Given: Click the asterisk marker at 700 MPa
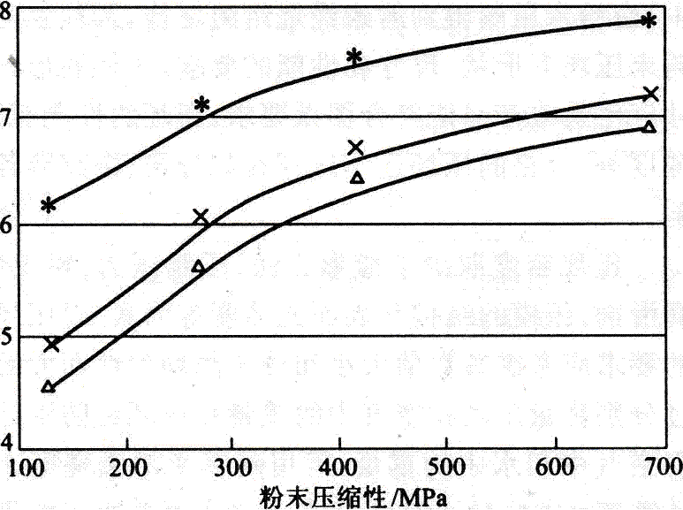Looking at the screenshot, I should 649,20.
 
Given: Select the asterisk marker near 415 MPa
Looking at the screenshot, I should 354,57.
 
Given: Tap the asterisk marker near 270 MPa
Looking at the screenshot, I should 202,105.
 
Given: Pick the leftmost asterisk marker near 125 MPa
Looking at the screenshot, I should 49,205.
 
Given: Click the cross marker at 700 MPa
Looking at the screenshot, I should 651,94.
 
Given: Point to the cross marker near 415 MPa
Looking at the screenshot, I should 356,148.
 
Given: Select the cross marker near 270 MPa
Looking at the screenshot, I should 201,217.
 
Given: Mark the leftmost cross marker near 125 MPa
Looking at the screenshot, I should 51,344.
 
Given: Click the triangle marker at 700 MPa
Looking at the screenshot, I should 649,127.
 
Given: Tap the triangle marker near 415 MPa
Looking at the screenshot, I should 357,178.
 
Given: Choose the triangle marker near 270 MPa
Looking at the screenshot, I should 198,266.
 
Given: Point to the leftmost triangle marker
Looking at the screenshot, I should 49,386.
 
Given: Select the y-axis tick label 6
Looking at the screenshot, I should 7,225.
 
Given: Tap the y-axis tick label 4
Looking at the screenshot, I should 7,440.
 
